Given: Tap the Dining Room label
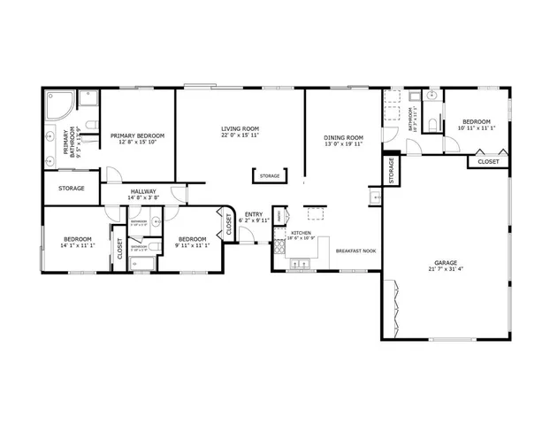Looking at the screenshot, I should pyautogui.click(x=343, y=137).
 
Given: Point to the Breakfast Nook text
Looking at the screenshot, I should pyautogui.click(x=356, y=251).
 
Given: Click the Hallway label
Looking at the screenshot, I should pyautogui.click(x=144, y=191).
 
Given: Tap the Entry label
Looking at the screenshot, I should pyautogui.click(x=254, y=213).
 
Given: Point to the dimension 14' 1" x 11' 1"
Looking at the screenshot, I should pyautogui.click(x=77, y=244).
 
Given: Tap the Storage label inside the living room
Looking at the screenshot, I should pyautogui.click(x=270, y=176).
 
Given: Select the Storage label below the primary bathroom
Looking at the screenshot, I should pyautogui.click(x=72, y=189).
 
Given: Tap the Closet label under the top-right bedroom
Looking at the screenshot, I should pyautogui.click(x=488, y=162).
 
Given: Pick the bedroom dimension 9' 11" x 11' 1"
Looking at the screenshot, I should pyautogui.click(x=192, y=244).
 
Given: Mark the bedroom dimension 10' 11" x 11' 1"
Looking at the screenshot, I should pyautogui.click(x=475, y=127).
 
